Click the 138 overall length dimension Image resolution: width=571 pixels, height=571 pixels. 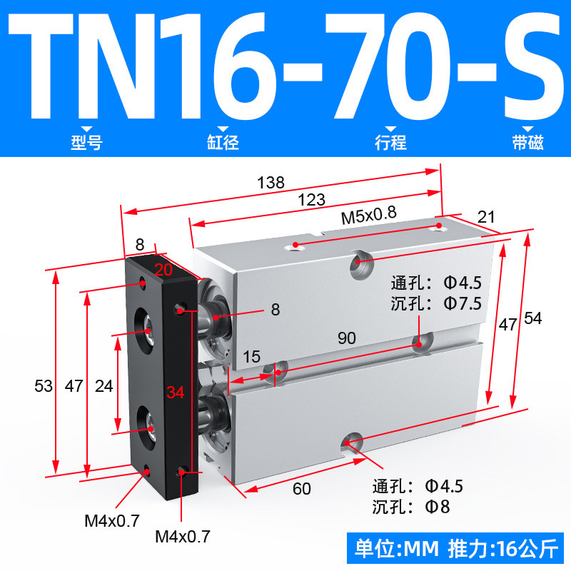(271, 183)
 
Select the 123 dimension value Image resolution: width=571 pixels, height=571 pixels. (312, 200)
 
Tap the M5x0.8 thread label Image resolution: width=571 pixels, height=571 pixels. (368, 216)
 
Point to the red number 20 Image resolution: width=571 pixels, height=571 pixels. (163, 270)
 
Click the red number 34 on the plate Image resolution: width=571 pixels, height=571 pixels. (176, 393)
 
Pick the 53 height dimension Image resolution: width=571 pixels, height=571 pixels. (44, 386)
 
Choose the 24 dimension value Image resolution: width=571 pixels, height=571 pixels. (103, 386)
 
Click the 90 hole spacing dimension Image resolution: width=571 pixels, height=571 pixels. (347, 338)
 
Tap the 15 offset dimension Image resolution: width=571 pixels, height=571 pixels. (252, 357)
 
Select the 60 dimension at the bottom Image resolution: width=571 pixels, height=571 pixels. (302, 489)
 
